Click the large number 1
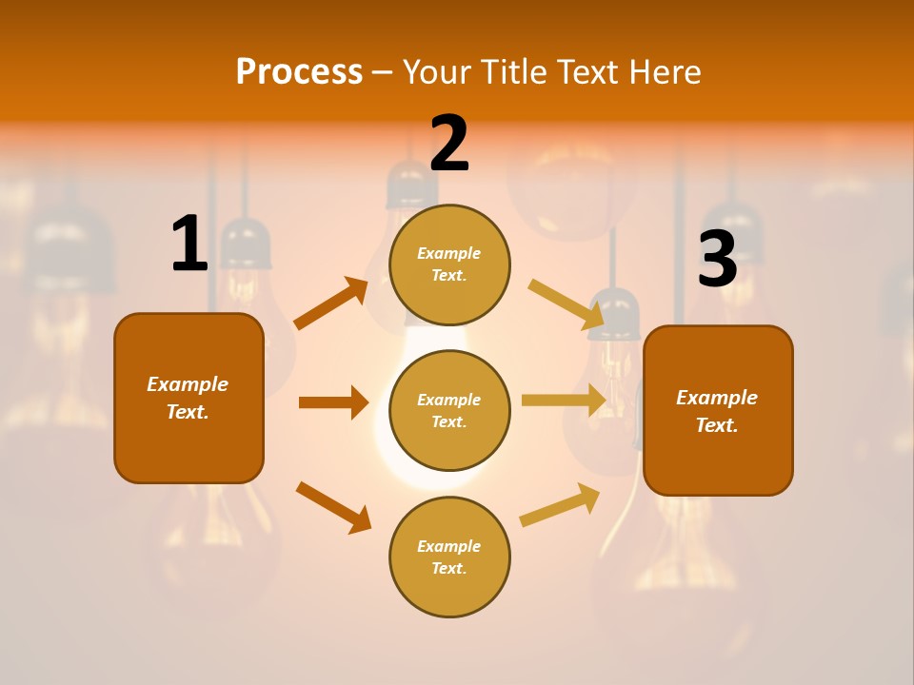(x=189, y=245)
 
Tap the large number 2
(x=449, y=144)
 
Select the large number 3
(x=717, y=259)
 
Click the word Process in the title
(x=299, y=71)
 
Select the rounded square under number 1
(x=189, y=398)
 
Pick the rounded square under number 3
(x=718, y=410)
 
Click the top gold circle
(x=449, y=264)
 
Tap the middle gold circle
(x=449, y=410)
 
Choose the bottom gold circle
(x=449, y=557)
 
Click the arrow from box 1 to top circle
(x=331, y=303)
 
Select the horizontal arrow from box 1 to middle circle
(x=333, y=402)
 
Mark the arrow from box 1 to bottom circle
(x=333, y=507)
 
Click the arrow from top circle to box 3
(x=567, y=303)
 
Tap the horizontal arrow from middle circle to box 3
(x=564, y=401)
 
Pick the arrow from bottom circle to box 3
(x=560, y=504)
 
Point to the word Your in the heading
(x=436, y=71)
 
